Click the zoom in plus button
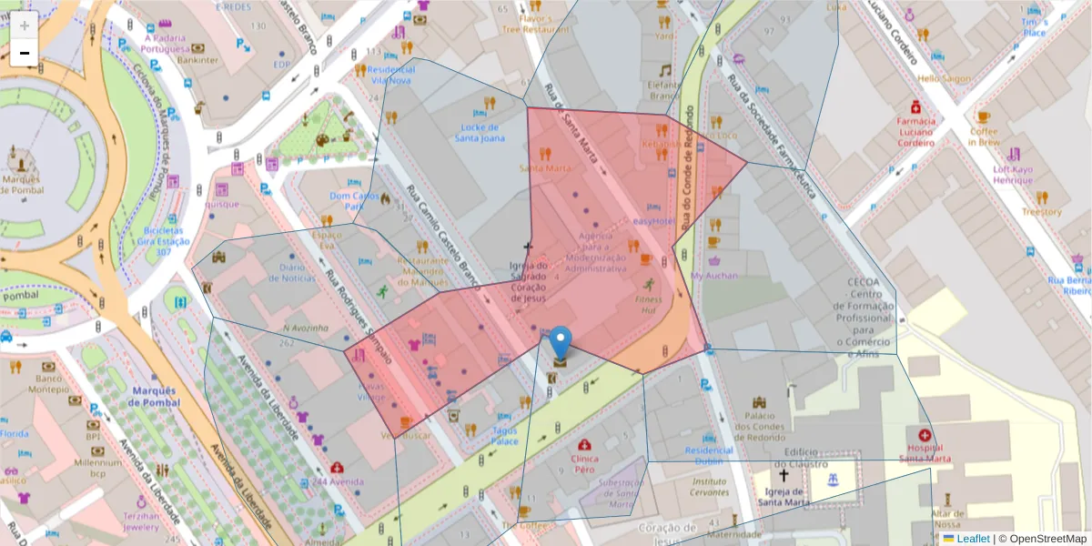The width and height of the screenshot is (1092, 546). tap(25, 25)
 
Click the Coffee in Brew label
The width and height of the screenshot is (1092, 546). tap(984, 136)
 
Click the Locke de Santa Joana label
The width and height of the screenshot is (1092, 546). tap(480, 133)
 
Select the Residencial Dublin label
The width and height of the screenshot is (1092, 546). tap(709, 456)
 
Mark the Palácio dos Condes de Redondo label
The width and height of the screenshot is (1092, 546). tap(759, 427)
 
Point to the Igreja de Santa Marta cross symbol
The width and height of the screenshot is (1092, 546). tap(783, 475)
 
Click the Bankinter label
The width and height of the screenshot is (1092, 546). tap(197, 60)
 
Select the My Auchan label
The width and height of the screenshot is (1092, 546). tap(714, 275)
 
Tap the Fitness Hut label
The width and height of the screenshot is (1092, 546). tap(649, 304)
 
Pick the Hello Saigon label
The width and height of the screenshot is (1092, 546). tap(944, 78)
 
